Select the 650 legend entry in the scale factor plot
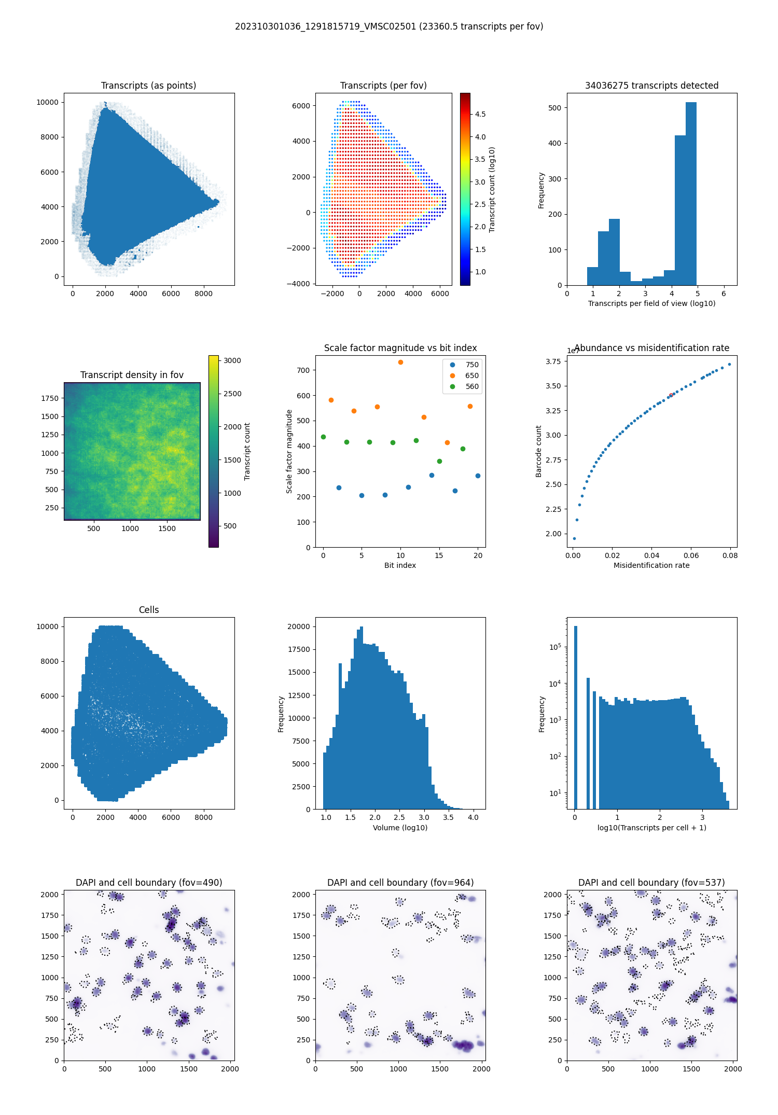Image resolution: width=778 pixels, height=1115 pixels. click(x=471, y=375)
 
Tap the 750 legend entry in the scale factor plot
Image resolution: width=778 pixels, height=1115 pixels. click(x=471, y=365)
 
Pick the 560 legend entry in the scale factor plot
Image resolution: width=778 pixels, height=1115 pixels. click(x=471, y=386)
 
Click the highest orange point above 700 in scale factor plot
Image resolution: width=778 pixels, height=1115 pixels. click(x=400, y=362)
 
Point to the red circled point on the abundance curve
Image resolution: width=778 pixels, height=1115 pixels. click(x=671, y=395)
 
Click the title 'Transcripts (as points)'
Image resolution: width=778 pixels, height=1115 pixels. click(x=148, y=86)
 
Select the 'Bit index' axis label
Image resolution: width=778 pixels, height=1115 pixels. click(x=400, y=565)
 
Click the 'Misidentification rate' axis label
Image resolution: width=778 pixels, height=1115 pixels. click(x=651, y=565)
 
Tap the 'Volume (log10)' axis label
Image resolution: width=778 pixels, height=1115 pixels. click(x=400, y=828)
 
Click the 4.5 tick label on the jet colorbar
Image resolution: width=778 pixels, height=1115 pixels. click(x=480, y=114)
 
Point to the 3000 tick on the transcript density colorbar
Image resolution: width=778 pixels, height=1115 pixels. click(x=232, y=360)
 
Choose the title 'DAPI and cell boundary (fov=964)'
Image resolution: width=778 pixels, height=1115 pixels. click(x=400, y=883)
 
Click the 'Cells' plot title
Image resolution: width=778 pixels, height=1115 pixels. click(x=149, y=610)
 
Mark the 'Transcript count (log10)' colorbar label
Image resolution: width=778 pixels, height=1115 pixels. click(x=492, y=189)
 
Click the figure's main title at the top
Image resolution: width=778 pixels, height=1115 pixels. click(x=389, y=26)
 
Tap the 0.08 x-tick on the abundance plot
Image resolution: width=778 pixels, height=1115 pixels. click(x=730, y=555)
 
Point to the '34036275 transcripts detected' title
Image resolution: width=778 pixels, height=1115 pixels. click(x=651, y=86)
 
